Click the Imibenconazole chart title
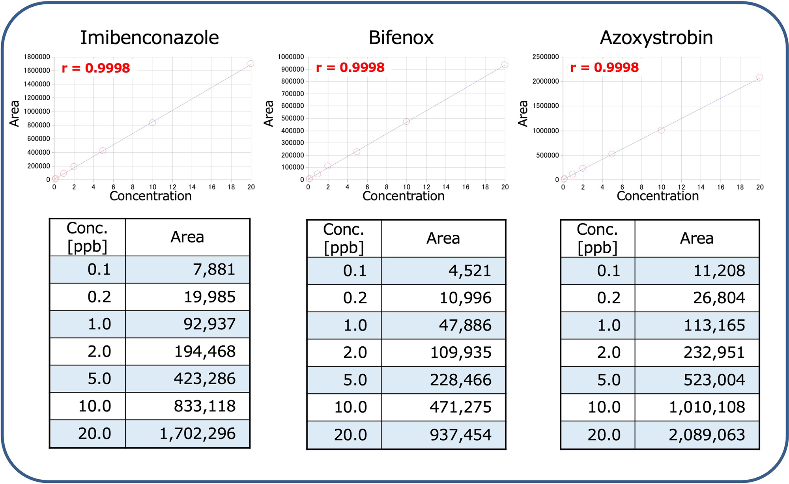(x=149, y=38)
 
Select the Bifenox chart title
(x=401, y=38)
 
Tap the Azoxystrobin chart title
(x=656, y=38)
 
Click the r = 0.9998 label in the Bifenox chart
(x=350, y=67)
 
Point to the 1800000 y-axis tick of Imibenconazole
(x=37, y=57)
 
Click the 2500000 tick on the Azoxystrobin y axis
(x=545, y=57)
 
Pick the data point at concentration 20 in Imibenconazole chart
(x=251, y=64)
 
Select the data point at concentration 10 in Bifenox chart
(x=406, y=121)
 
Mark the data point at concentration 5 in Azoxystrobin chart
(x=611, y=154)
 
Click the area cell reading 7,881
(x=214, y=269)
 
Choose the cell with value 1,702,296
(x=197, y=434)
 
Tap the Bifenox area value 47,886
(x=465, y=325)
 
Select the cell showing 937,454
(x=460, y=435)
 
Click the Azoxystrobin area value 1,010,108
(x=707, y=407)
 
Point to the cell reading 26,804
(x=719, y=298)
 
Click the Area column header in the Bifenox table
(x=443, y=238)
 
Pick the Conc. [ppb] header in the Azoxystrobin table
(x=597, y=238)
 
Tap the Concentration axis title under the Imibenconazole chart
(x=150, y=196)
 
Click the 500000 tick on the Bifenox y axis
(x=292, y=118)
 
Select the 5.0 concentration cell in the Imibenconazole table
(x=99, y=379)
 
